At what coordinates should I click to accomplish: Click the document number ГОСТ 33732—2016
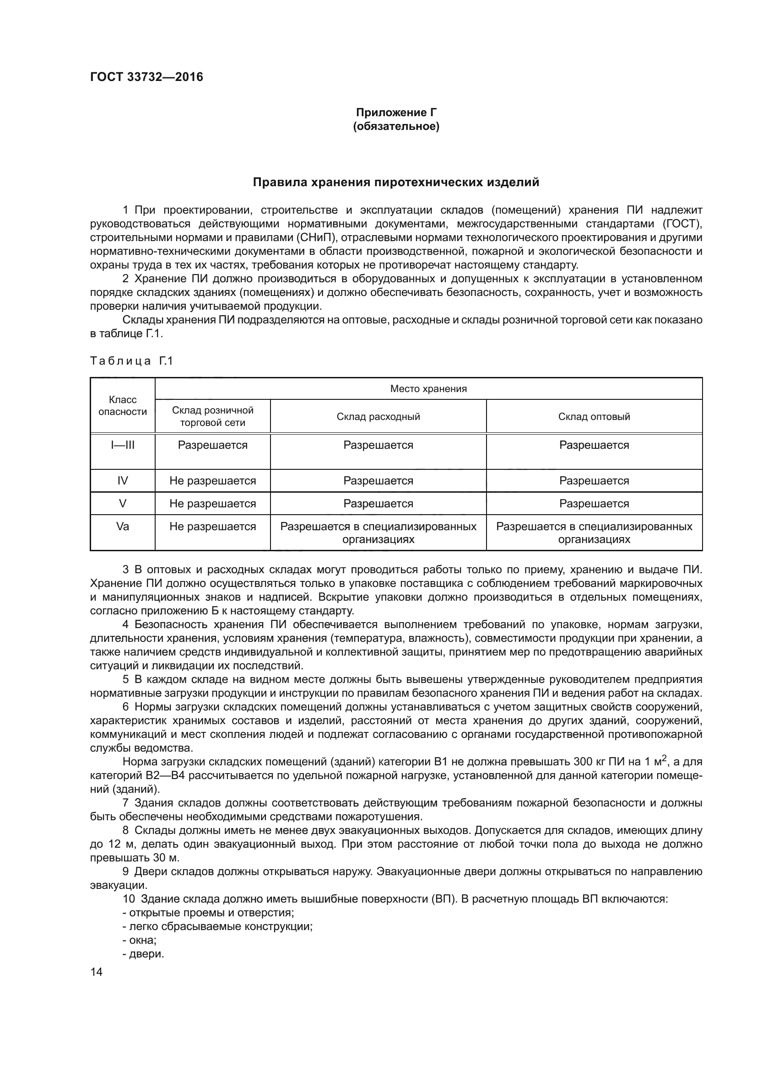click(x=146, y=77)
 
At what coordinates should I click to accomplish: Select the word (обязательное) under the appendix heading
click(x=396, y=126)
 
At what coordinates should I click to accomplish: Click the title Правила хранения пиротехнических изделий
click(x=396, y=182)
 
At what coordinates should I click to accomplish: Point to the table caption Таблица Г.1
click(x=131, y=360)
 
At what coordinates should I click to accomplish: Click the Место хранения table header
click(x=428, y=389)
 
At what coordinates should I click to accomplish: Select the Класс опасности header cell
click(x=123, y=405)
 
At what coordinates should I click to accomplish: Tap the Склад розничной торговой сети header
click(x=212, y=416)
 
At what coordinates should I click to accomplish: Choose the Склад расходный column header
click(x=378, y=417)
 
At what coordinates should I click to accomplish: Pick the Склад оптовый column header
click(x=594, y=417)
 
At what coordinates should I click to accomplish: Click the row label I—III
click(x=123, y=445)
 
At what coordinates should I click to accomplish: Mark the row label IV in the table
click(x=123, y=480)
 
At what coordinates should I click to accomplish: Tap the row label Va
click(x=123, y=527)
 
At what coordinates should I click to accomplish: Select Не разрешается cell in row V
click(x=212, y=504)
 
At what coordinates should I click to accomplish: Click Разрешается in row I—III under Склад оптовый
click(x=594, y=445)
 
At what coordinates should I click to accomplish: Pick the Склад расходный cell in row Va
click(x=378, y=532)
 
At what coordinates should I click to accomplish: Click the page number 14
click(x=96, y=972)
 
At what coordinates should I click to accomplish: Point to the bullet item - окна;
click(x=140, y=940)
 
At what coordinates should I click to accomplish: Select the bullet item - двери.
click(x=143, y=954)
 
